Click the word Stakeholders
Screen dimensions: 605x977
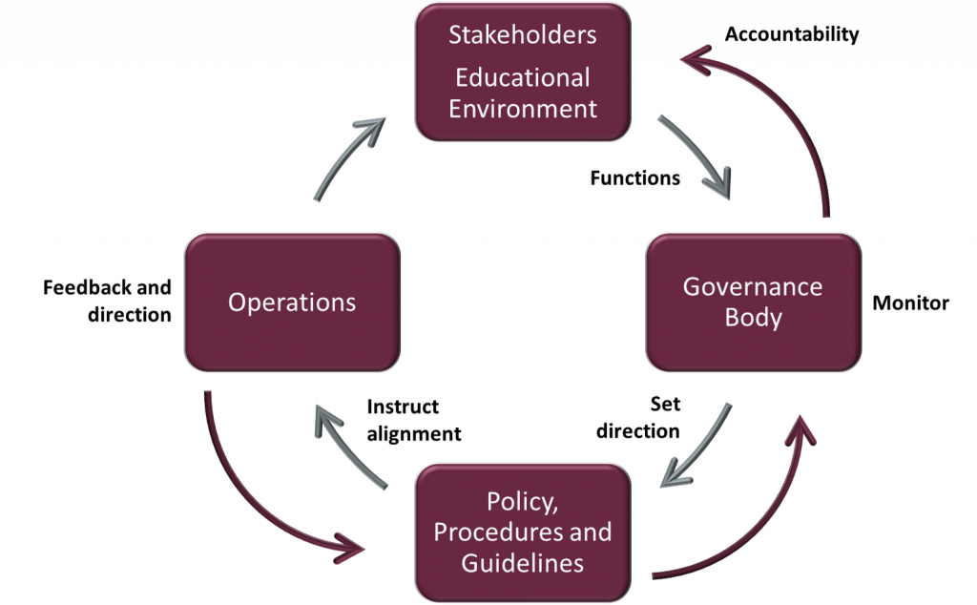point(522,35)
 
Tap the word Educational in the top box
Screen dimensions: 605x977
point(522,77)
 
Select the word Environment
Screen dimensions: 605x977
point(523,109)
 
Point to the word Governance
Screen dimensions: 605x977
point(753,286)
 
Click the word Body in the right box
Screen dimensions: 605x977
point(753,318)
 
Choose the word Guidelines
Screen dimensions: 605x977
point(522,563)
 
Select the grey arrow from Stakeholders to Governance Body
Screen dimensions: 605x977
point(697,157)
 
